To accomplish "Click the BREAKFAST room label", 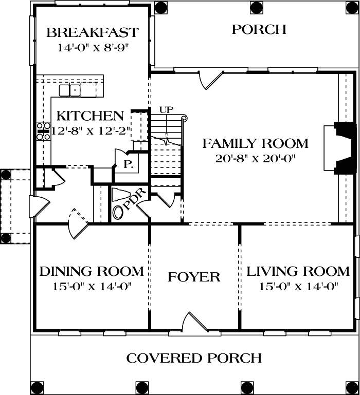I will (92, 33).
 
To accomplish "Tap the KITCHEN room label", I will (90, 116).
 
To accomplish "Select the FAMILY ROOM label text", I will (255, 143).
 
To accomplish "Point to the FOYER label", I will (194, 277).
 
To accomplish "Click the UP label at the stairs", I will (166, 109).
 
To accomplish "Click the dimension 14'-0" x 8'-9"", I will (92, 48).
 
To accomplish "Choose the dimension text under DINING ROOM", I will (92, 287).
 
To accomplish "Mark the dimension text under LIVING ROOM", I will (298, 287).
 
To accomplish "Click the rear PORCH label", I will (258, 29).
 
